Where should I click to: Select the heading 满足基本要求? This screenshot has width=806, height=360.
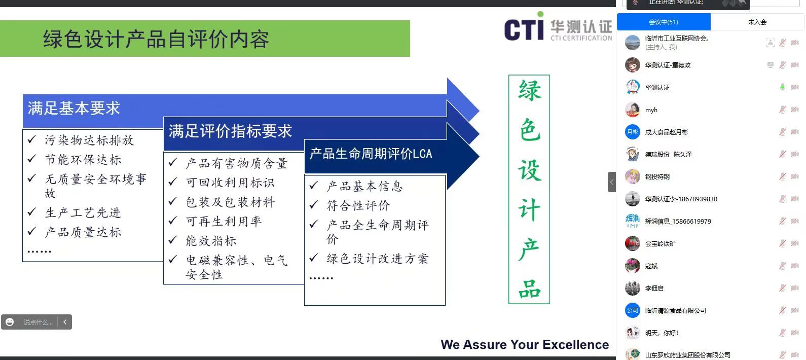point(74,109)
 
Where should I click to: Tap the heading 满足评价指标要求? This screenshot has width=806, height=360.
point(230,131)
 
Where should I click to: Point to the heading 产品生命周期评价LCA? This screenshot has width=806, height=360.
point(371,154)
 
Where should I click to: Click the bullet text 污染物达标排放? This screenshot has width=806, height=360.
point(89,140)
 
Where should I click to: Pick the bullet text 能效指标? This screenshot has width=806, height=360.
point(211,241)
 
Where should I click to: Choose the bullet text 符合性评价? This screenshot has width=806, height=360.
point(358,205)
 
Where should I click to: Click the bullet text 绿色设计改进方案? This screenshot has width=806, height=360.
point(378,259)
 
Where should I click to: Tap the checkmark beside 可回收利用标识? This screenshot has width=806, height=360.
point(173,182)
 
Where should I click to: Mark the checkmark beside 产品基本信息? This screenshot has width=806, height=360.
point(314,185)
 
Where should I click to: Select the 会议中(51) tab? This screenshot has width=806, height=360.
point(664,22)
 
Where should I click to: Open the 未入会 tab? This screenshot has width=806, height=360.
point(757,22)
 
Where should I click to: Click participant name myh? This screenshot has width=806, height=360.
point(651,110)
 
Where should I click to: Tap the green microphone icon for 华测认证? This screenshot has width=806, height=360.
point(782,87)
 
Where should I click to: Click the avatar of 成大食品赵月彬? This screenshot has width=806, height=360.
point(632,132)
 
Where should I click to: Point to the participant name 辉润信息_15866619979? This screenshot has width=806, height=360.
point(678,222)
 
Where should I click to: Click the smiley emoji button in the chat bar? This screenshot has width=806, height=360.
point(10,322)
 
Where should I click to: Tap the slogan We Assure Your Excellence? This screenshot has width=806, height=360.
point(525,344)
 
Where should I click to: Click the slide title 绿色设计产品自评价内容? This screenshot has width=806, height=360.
point(156,39)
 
